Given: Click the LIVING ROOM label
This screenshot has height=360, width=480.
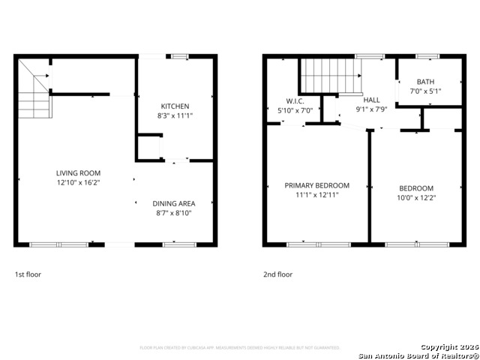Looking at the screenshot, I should (78, 172).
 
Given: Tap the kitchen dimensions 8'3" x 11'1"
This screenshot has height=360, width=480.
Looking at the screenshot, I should (175, 116).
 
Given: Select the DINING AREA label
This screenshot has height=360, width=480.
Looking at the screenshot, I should (175, 203).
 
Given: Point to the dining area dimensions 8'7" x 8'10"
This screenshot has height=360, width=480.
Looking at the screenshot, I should (175, 213).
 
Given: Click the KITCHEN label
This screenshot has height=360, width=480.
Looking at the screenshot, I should (175, 106).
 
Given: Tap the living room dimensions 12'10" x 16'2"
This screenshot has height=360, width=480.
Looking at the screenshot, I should (78, 182).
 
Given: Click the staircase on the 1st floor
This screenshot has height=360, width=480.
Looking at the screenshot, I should (34, 91).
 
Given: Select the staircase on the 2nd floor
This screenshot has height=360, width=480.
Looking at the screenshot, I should (331, 75).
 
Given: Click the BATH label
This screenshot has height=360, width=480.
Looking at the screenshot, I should (425, 82).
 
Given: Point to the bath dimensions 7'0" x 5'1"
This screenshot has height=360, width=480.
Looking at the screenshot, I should (425, 91).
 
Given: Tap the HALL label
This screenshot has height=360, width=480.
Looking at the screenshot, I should (371, 100).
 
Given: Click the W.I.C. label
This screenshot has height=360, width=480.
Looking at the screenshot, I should (294, 100).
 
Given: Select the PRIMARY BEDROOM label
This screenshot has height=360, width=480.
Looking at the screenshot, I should (316, 185).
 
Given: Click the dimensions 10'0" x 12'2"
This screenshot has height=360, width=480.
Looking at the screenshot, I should (415, 198).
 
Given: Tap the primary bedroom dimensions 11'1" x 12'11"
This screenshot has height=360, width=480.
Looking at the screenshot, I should (316, 195).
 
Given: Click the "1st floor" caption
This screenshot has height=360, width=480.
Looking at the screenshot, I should (28, 274).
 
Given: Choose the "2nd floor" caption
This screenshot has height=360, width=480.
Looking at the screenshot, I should (277, 274).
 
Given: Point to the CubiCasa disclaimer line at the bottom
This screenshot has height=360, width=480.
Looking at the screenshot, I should (240, 348).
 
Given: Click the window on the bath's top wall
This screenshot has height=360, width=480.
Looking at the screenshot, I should (427, 56).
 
